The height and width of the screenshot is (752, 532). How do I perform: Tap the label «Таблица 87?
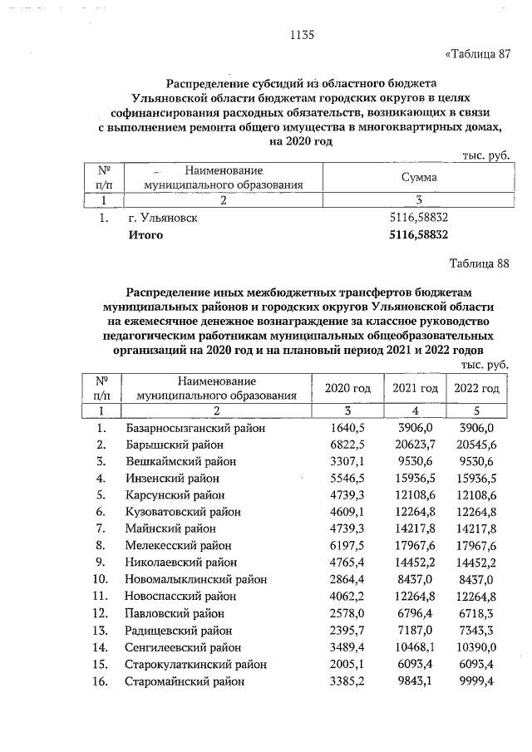tap(477, 55)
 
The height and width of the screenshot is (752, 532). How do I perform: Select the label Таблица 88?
tap(478, 264)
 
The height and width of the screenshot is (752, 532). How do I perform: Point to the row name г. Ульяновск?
tap(163, 218)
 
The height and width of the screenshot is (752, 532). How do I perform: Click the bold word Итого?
tap(145, 235)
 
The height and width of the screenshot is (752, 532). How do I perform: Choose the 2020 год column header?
tap(347, 389)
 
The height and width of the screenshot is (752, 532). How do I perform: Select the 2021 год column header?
tap(415, 389)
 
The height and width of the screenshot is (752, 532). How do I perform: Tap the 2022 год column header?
tap(476, 389)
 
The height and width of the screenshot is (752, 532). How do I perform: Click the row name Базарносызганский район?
tap(195, 428)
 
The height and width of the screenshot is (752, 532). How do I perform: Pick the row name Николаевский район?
tap(181, 563)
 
